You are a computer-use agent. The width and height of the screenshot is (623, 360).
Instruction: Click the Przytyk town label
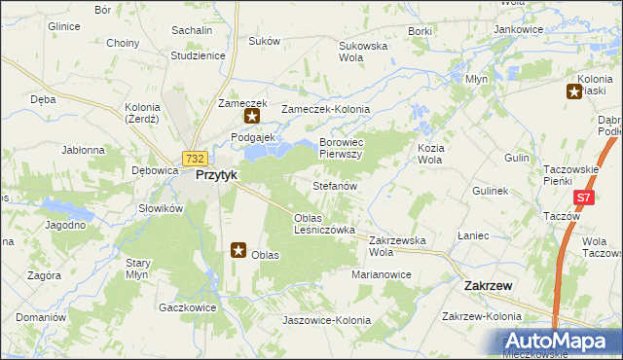218,176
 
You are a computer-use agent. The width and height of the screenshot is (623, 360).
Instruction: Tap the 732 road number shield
194,159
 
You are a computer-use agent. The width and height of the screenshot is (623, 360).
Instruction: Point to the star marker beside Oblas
238,250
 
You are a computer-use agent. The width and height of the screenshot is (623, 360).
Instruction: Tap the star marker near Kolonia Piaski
574,92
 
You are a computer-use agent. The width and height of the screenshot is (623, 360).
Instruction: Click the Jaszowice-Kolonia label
326,320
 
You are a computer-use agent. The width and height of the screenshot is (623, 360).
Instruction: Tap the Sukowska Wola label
363,52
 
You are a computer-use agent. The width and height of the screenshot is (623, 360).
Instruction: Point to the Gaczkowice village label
186,307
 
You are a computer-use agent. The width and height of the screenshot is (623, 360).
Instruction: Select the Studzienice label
198,55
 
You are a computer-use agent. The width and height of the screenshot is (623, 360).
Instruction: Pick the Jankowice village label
518,29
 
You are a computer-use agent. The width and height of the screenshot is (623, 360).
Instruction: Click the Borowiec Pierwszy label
341,148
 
